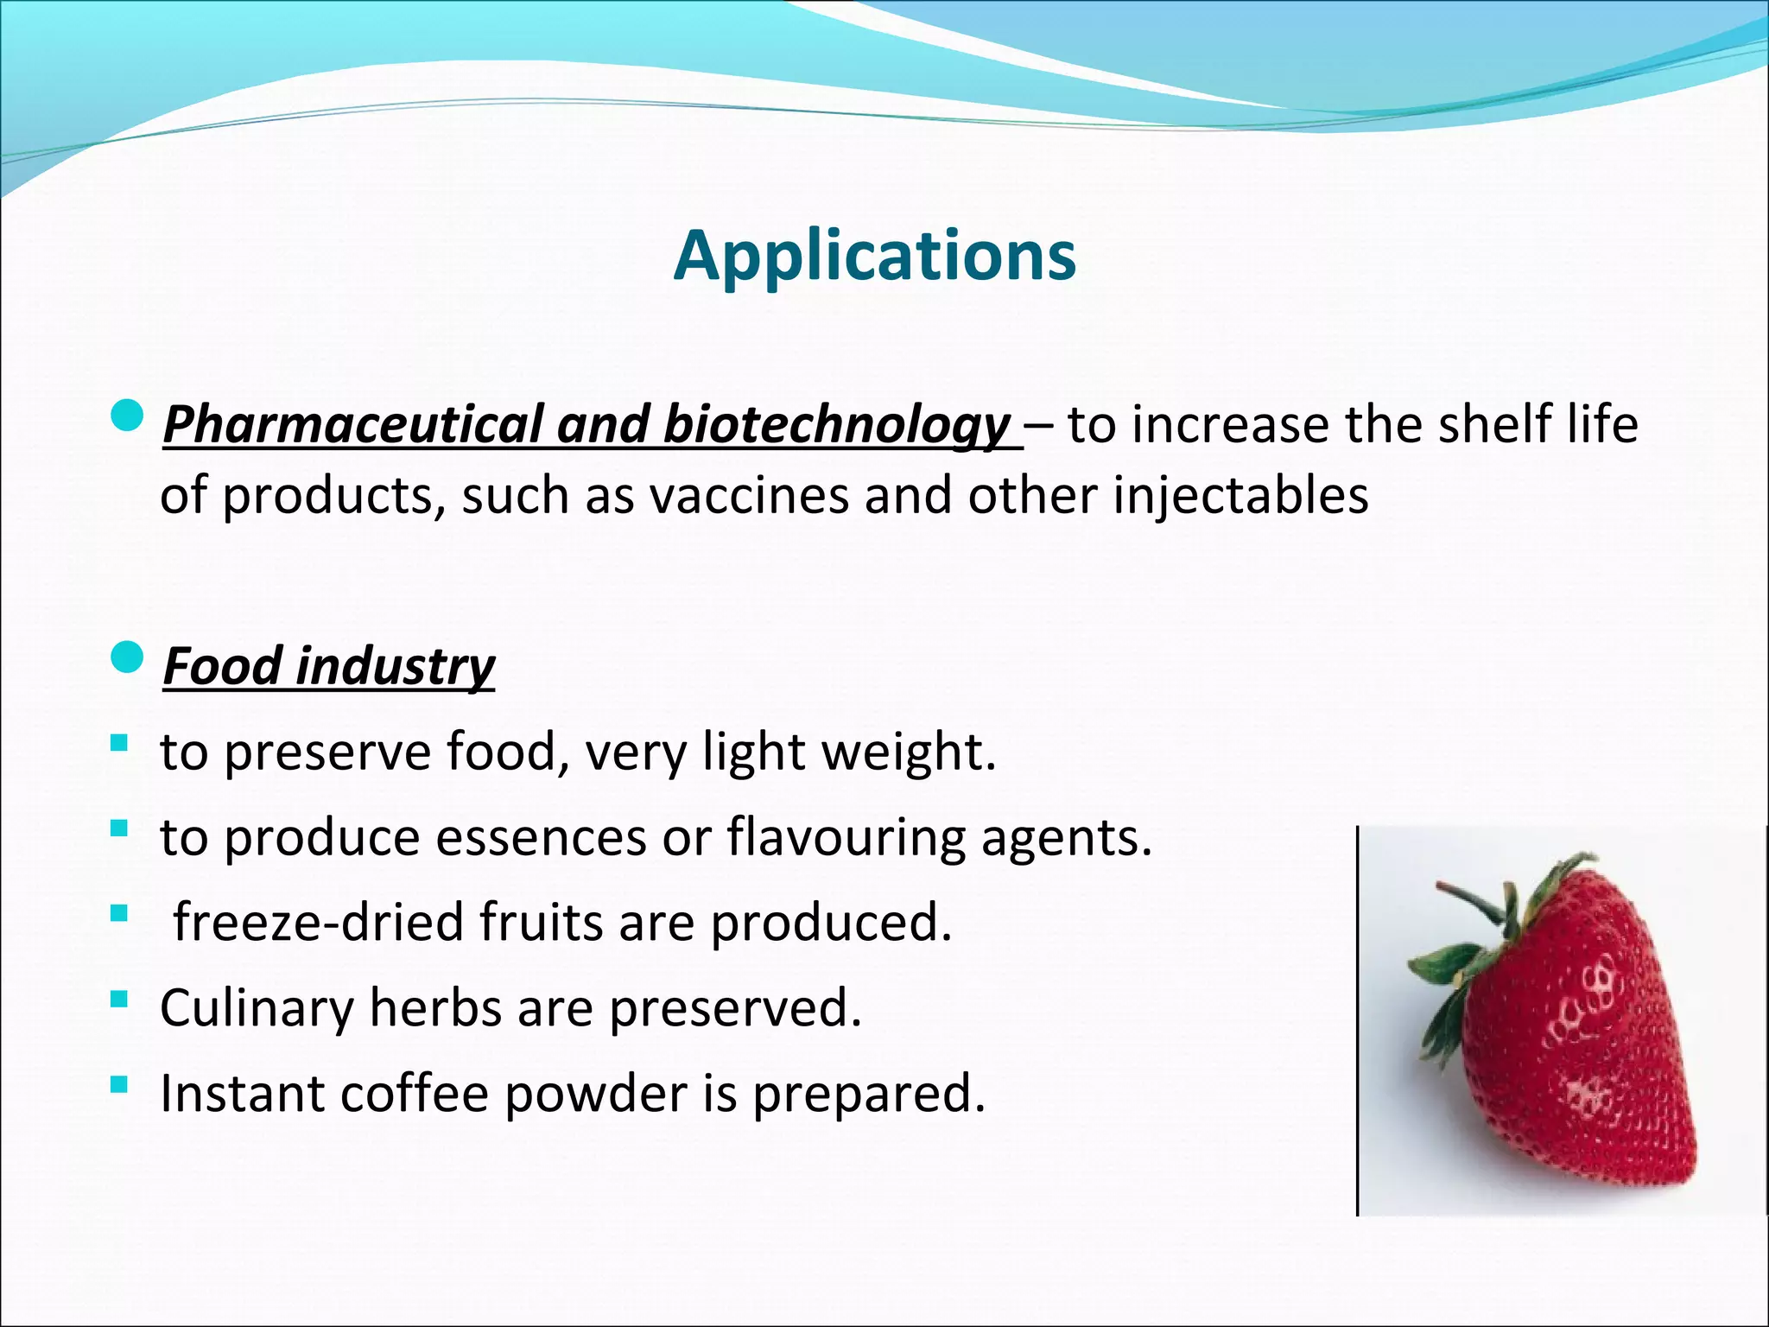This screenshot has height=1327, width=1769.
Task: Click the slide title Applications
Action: coord(874,256)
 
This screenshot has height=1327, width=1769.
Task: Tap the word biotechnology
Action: coord(835,425)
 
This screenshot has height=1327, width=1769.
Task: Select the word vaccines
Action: coord(749,497)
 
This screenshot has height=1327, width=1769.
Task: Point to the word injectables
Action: coord(1240,497)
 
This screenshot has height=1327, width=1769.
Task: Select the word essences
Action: coord(541,837)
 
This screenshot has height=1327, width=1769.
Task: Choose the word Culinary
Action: coord(257,1007)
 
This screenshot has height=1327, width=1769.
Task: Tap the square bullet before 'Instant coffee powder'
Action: coord(119,1083)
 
